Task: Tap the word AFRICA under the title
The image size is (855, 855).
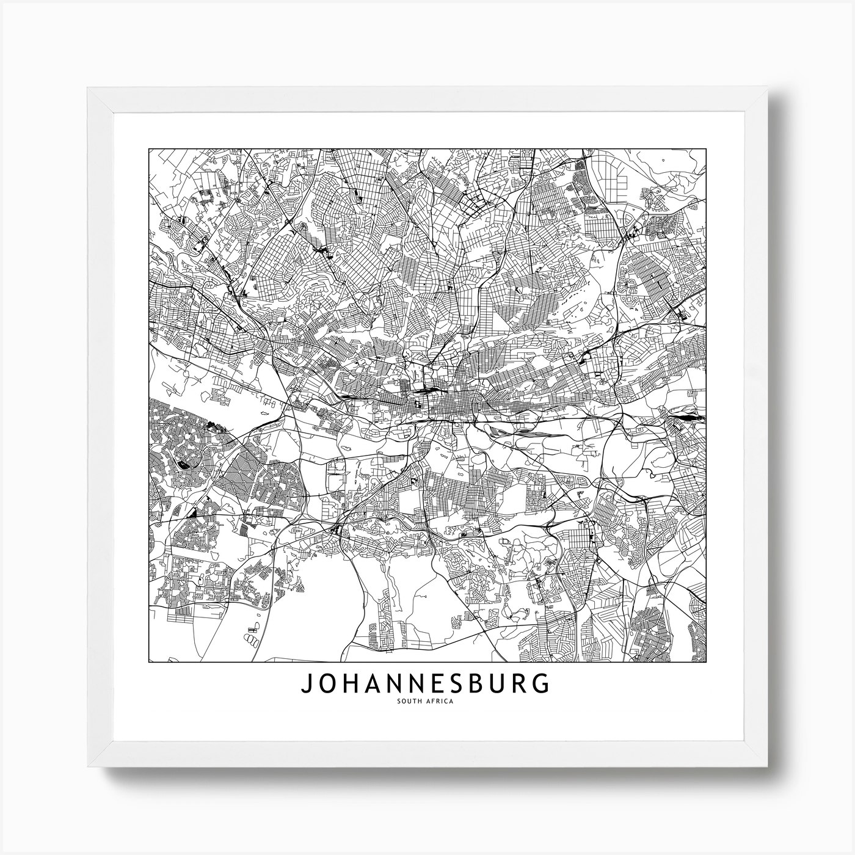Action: click(x=440, y=700)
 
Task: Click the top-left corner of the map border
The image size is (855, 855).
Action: click(x=149, y=148)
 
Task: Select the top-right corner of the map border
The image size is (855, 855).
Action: click(x=707, y=148)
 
